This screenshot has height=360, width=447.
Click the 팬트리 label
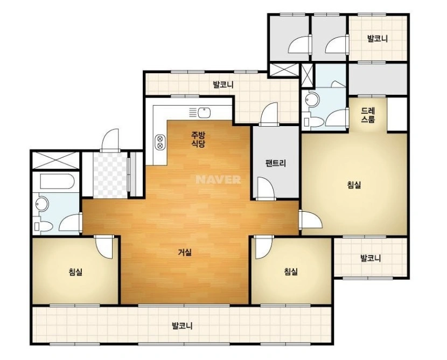275,163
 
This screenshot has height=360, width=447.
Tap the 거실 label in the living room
185,252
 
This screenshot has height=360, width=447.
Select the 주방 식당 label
198,139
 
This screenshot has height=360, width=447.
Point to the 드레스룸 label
368,115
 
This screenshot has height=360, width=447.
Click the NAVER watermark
219,179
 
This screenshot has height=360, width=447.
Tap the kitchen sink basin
204,113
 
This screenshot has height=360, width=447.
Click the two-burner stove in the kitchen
159,142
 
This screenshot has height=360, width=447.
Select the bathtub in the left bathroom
57,182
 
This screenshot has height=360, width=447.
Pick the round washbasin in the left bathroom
41,204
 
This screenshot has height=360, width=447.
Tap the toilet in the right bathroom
313,122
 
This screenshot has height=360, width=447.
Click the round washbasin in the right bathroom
311,99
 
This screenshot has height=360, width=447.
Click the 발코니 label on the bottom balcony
182,326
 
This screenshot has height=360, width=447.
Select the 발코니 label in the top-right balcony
378,38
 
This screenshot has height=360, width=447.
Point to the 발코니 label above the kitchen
223,85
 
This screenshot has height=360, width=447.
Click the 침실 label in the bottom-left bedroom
75,272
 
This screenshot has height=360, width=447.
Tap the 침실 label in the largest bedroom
354,185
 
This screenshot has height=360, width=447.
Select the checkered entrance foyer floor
110,175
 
